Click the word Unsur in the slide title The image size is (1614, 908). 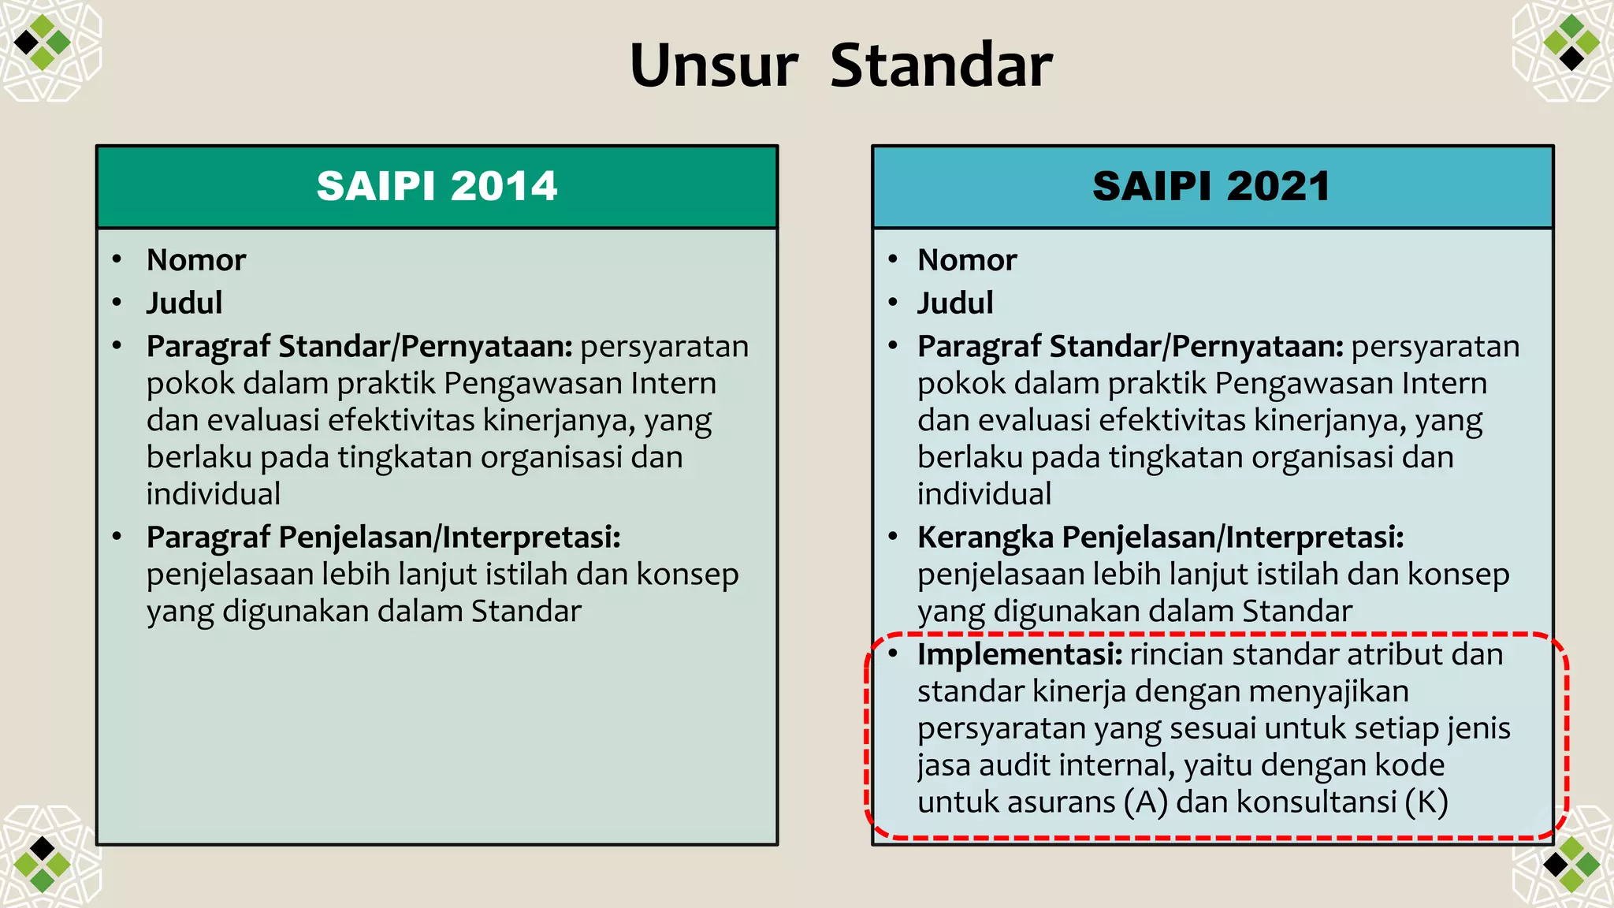[x=713, y=65]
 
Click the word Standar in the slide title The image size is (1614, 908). [x=941, y=65]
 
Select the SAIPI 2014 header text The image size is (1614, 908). [x=437, y=187]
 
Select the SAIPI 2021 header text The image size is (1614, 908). [x=1211, y=187]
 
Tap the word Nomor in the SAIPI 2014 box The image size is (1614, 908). [x=196, y=260]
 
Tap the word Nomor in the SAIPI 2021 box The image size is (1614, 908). [x=967, y=260]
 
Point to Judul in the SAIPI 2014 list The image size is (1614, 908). [x=184, y=303]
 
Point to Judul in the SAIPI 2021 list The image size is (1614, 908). [x=955, y=303]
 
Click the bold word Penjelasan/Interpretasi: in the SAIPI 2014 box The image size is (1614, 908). [x=450, y=538]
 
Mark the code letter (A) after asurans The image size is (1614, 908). [x=1146, y=802]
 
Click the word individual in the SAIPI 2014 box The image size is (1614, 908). [x=214, y=494]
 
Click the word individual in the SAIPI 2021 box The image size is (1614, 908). [x=984, y=494]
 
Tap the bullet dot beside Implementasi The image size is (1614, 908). [x=893, y=653]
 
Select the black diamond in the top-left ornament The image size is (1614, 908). [x=26, y=42]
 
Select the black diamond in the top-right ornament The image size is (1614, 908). [x=1571, y=58]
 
